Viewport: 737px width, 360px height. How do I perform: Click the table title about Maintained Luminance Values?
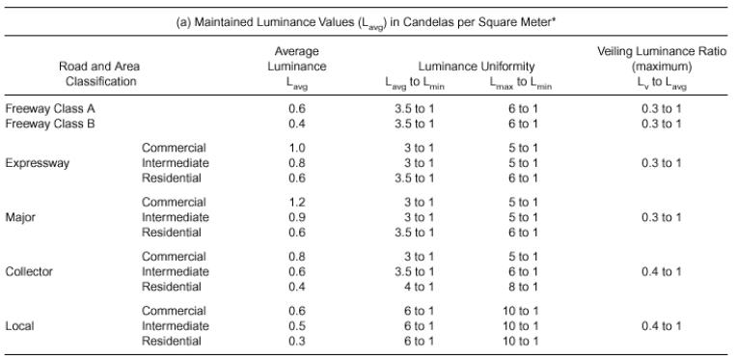(x=366, y=23)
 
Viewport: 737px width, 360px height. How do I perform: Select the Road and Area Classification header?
(x=99, y=73)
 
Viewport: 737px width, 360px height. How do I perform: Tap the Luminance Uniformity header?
(x=477, y=67)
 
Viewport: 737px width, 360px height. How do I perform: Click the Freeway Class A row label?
(x=50, y=108)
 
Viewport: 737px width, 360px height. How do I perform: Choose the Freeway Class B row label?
(x=50, y=124)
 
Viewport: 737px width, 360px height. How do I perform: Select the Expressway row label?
(x=38, y=163)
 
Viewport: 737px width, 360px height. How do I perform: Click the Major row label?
(x=20, y=217)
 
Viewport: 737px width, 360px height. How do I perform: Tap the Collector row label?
(x=29, y=271)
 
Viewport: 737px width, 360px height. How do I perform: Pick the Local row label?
(x=19, y=326)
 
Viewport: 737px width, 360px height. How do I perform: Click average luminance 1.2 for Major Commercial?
(x=297, y=202)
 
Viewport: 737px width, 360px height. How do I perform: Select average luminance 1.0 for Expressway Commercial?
(x=297, y=148)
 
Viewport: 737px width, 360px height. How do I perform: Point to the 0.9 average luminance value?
(x=297, y=217)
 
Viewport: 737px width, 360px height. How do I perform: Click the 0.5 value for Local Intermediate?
(x=297, y=326)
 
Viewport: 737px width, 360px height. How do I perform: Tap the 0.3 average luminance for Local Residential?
(x=297, y=342)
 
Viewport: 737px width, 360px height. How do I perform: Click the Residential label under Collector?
(x=172, y=287)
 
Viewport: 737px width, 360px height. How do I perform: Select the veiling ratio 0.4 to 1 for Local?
(x=662, y=326)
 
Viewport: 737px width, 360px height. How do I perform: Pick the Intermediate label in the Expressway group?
(x=176, y=163)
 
